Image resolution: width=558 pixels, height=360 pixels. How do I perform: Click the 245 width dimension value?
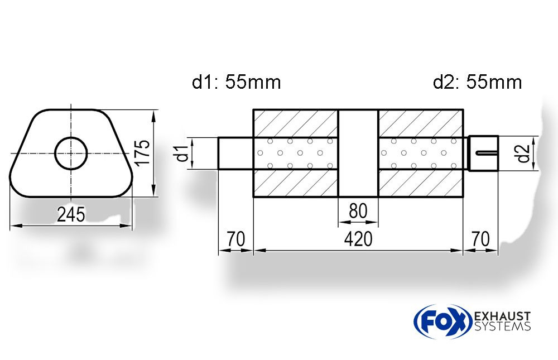(x=71, y=214)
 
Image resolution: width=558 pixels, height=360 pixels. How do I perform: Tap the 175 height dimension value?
(x=143, y=152)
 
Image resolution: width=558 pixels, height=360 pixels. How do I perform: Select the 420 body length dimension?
(x=358, y=239)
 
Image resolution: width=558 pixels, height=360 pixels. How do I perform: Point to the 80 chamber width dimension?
(x=358, y=211)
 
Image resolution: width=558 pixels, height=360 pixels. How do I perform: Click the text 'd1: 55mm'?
(x=236, y=82)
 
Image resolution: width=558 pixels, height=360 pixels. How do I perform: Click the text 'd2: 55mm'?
(x=477, y=82)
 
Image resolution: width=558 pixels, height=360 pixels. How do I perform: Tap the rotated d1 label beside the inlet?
(x=182, y=153)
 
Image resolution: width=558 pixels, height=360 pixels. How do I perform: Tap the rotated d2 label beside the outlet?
(x=523, y=153)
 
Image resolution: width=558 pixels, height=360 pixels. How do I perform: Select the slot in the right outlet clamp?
(x=487, y=153)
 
